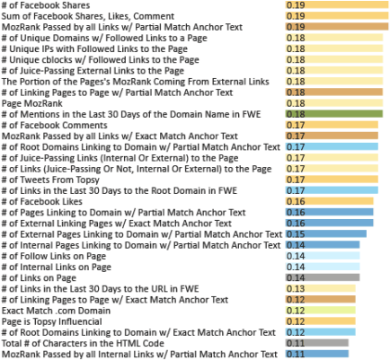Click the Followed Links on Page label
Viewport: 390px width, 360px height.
tap(53, 255)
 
